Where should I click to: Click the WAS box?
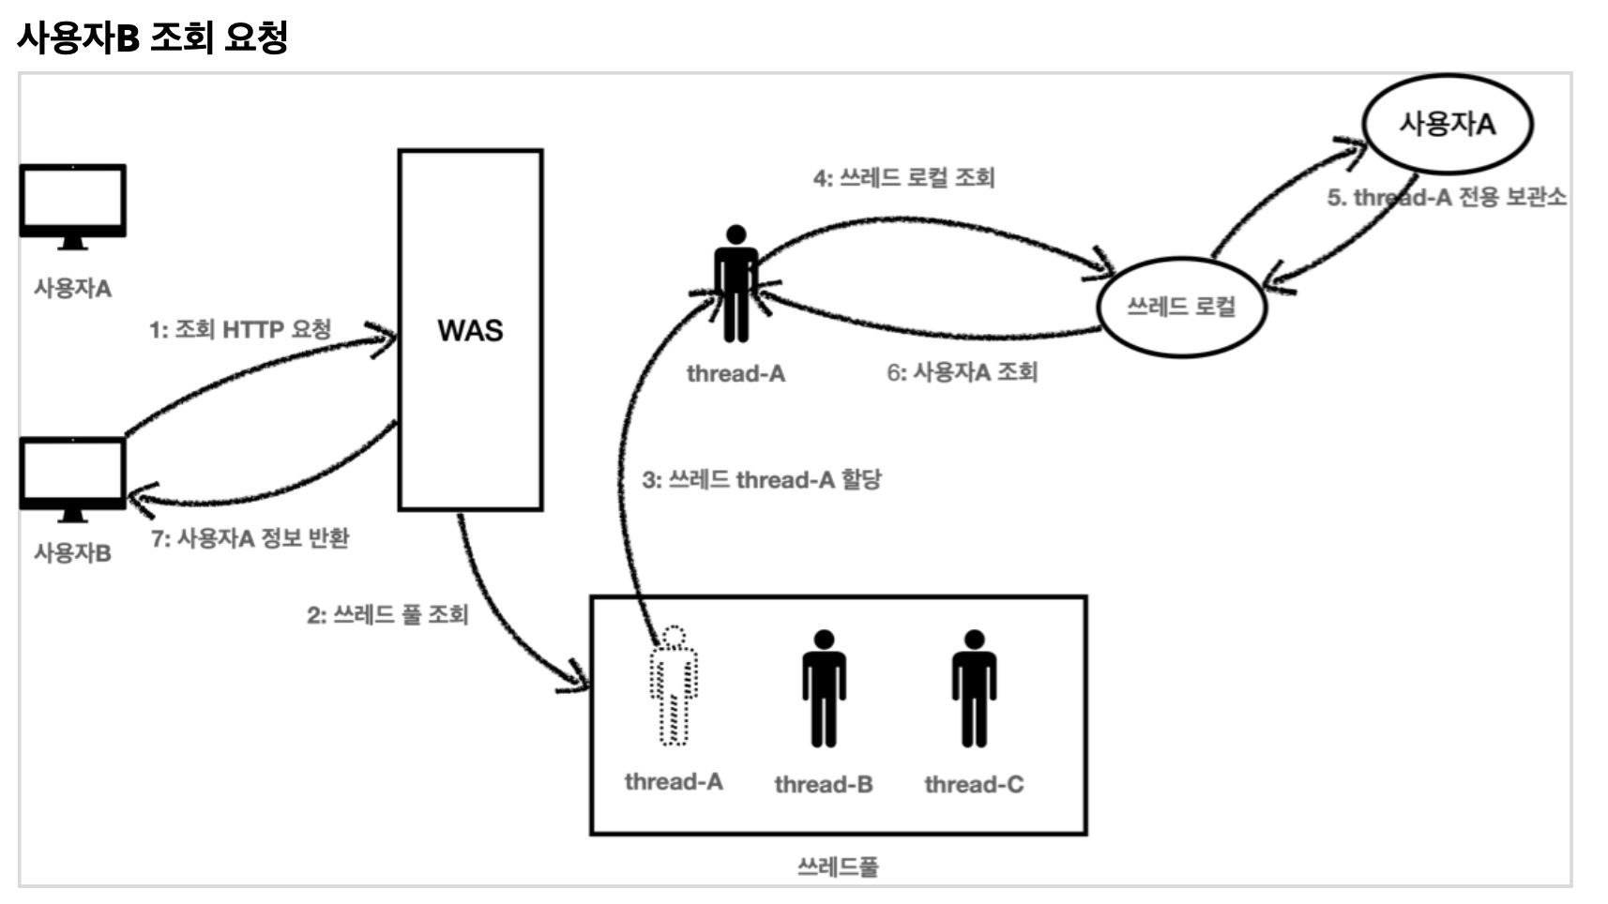pos(470,330)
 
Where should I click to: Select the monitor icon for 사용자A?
pos(73,204)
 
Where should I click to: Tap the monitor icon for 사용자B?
pos(73,477)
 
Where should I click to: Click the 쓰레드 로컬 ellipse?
pos(1181,307)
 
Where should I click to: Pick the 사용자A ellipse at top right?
pos(1447,124)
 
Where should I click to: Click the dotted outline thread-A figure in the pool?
pos(674,686)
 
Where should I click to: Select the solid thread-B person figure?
pos(824,688)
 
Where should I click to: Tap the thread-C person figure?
pos(974,688)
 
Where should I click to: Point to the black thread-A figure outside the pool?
pos(736,284)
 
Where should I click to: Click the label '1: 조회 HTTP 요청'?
pos(240,330)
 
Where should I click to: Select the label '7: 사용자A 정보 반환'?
pos(250,538)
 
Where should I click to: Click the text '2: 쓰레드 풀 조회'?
pos(387,615)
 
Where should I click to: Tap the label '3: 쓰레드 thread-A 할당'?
pos(761,480)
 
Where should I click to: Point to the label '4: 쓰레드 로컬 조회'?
pos(903,177)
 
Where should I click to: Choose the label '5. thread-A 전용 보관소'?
pos(1446,198)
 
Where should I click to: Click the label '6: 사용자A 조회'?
pos(962,372)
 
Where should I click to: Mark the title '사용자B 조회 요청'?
pos(152,38)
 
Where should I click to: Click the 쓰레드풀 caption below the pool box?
pos(838,866)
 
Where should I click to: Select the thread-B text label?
pos(824,784)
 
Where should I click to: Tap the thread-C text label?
pos(974,784)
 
